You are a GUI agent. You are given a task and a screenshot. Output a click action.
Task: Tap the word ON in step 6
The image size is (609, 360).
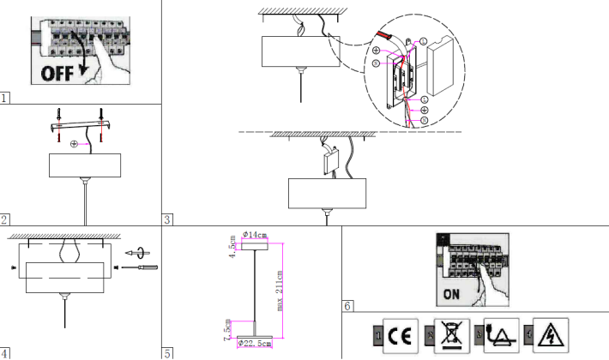[455, 295]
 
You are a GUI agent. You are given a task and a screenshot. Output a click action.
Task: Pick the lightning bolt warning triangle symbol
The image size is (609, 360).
[544, 335]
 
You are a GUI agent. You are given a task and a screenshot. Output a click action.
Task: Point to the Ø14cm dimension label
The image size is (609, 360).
[256, 234]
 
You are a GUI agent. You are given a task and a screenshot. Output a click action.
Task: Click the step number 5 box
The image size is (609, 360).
[167, 352]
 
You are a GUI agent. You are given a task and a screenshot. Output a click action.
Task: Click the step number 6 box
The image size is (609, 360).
[347, 305]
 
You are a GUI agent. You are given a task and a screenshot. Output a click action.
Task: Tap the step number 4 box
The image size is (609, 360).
[5, 352]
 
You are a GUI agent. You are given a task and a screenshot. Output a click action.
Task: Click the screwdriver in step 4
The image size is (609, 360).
[142, 269]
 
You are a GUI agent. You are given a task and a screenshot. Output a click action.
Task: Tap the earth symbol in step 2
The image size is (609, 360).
[75, 143]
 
